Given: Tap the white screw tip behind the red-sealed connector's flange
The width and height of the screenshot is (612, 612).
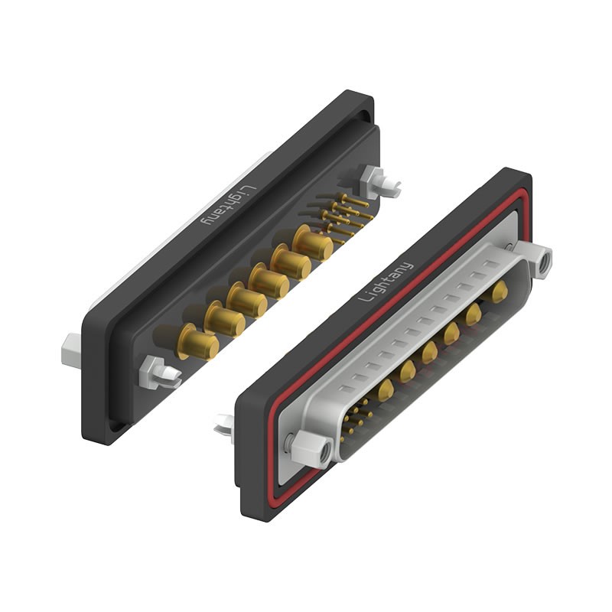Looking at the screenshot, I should (224, 425).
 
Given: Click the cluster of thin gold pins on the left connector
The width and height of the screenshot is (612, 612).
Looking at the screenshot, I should (346, 216).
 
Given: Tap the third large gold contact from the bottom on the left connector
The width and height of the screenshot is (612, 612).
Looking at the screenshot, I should (246, 299).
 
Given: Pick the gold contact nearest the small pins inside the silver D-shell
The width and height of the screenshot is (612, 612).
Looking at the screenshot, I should (385, 390).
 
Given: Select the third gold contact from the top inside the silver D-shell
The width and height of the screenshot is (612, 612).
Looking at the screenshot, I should (451, 332).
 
